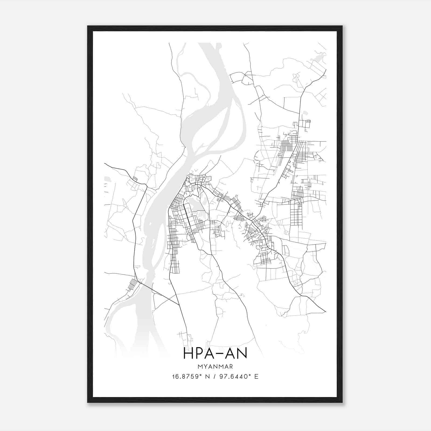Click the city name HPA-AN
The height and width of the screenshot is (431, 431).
click(215, 353)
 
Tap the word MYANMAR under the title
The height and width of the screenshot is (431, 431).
click(215, 367)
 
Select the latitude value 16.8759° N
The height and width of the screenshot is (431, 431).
click(191, 377)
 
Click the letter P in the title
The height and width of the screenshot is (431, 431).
click(199, 353)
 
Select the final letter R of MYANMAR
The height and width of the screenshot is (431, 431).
click(231, 367)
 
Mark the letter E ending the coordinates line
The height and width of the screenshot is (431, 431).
click(256, 377)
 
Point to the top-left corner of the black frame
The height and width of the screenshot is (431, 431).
click(88, 26)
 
